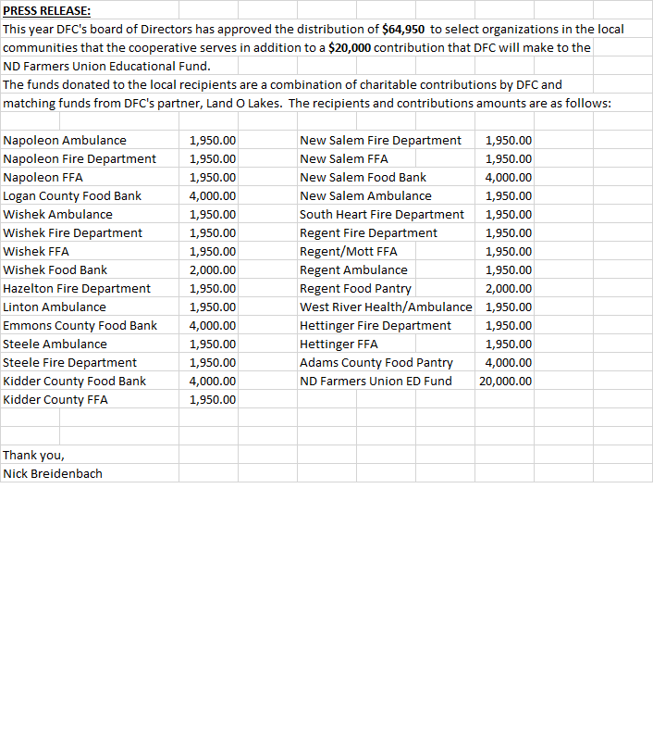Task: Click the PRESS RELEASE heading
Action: [x=47, y=11]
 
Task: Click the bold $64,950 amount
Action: [x=403, y=29]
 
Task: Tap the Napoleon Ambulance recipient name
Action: [x=65, y=141]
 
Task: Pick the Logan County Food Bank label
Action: [x=72, y=196]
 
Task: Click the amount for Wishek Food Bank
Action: [x=213, y=270]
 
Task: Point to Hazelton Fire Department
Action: [x=77, y=289]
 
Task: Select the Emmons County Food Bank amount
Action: [x=213, y=326]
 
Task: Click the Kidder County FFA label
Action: [x=55, y=400]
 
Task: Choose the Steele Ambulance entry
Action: [x=55, y=344]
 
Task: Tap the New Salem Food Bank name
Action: [x=363, y=178]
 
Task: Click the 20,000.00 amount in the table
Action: [x=506, y=382]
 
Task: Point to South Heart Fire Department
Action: [x=382, y=215]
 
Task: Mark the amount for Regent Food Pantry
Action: [x=509, y=289]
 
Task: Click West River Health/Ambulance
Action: [x=386, y=307]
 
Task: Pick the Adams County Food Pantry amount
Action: [x=509, y=363]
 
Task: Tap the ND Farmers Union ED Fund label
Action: [x=376, y=382]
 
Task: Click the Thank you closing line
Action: [x=34, y=456]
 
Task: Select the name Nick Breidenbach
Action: [x=53, y=474]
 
